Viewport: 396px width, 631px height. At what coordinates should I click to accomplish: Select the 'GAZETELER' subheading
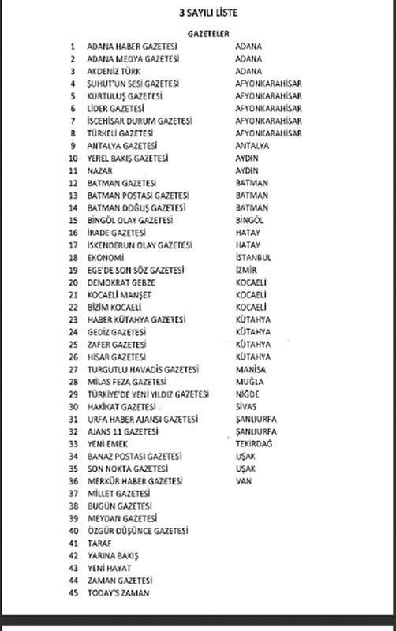click(209, 34)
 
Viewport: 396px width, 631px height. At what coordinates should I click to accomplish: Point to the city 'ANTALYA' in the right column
click(252, 146)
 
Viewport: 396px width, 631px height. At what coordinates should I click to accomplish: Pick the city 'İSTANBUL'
click(253, 257)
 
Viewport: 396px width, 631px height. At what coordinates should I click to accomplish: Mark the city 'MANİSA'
click(250, 369)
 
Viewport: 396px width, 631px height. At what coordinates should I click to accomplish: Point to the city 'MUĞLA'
click(248, 382)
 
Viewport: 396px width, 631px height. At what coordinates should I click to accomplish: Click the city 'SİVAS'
click(247, 406)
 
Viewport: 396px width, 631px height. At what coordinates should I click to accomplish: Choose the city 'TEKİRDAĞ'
click(254, 443)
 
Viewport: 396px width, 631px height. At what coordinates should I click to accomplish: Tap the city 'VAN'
click(243, 480)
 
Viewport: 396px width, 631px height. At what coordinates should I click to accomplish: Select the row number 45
click(74, 592)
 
